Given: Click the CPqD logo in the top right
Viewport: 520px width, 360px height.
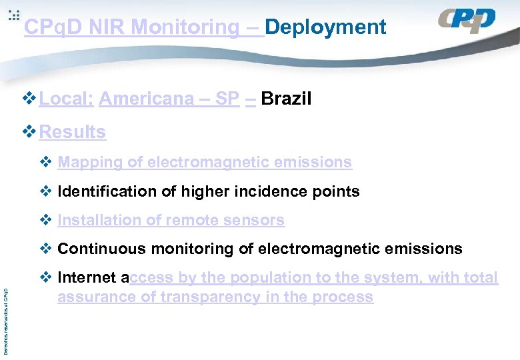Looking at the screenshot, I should tap(467, 21).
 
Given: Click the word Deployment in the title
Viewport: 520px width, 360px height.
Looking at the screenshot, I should tap(325, 27).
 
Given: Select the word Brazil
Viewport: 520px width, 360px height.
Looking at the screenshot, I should tap(286, 99).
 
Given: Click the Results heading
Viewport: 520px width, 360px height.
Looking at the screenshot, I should tap(72, 132).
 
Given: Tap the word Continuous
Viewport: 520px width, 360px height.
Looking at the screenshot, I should tap(101, 249).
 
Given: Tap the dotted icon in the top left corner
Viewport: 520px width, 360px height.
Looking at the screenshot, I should tap(14, 16).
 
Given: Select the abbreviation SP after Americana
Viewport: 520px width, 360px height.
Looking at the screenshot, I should tap(227, 99).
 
